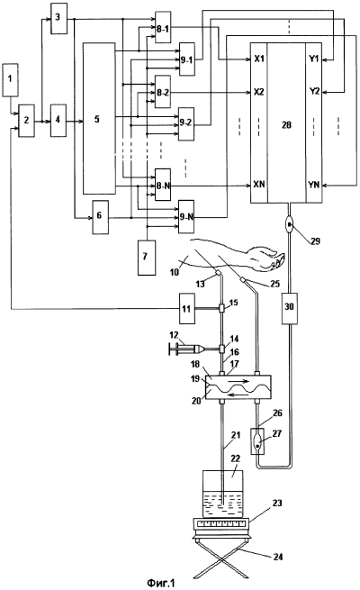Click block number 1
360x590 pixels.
tap(10, 80)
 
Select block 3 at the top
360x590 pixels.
tap(59, 18)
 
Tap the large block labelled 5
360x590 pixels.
tap(98, 119)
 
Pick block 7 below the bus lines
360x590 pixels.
tap(147, 258)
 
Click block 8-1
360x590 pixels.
tap(163, 27)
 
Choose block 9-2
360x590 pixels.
tap(186, 123)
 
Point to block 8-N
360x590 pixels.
tap(163, 185)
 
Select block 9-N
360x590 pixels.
tap(186, 217)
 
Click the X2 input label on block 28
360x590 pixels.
tap(259, 92)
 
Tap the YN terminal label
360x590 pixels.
tap(314, 185)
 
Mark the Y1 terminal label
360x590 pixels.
tap(314, 59)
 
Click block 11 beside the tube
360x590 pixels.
tap(187, 308)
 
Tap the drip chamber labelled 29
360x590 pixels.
tap(290, 225)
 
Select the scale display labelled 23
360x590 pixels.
tap(220, 523)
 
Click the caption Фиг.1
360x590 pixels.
tap(161, 583)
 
